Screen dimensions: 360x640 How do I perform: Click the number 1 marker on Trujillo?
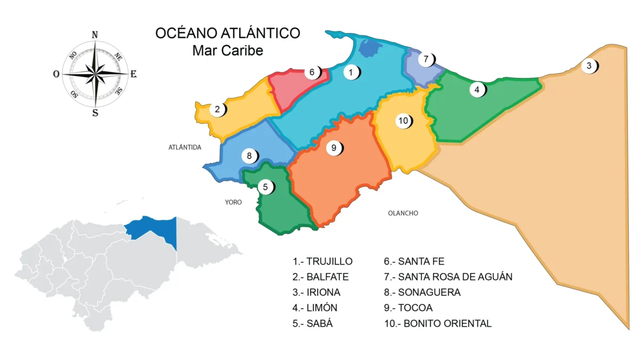click(351, 71)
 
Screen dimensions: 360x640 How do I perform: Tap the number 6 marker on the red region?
click(313, 72)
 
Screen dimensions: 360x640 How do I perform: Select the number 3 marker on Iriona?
click(589, 66)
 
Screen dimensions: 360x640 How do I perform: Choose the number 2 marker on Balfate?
click(218, 110)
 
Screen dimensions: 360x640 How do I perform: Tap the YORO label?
click(233, 202)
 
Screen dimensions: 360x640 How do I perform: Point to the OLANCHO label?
click(403, 213)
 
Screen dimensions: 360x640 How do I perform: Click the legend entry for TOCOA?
click(408, 308)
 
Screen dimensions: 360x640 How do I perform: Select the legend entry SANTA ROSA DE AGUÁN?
click(448, 277)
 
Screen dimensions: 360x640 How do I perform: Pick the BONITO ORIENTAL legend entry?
click(438, 323)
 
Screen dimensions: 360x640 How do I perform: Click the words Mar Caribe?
click(228, 51)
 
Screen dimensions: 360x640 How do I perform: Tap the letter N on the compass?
click(95, 35)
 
